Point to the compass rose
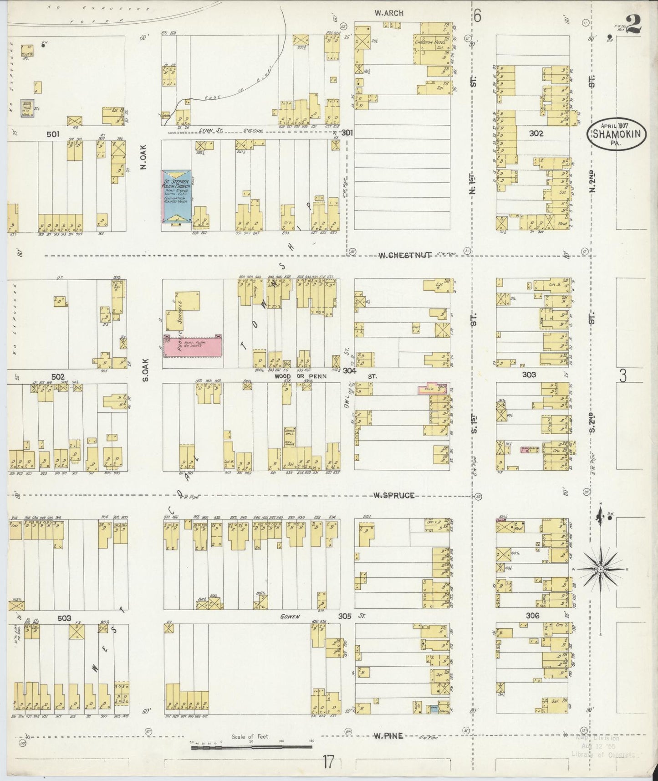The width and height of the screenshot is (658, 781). (601, 570)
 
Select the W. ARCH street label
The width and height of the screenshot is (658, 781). (389, 13)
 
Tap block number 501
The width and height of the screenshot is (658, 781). (53, 134)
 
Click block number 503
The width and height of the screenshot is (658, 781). (64, 618)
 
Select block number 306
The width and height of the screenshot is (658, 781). (532, 616)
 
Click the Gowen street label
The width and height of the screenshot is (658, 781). (290, 617)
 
